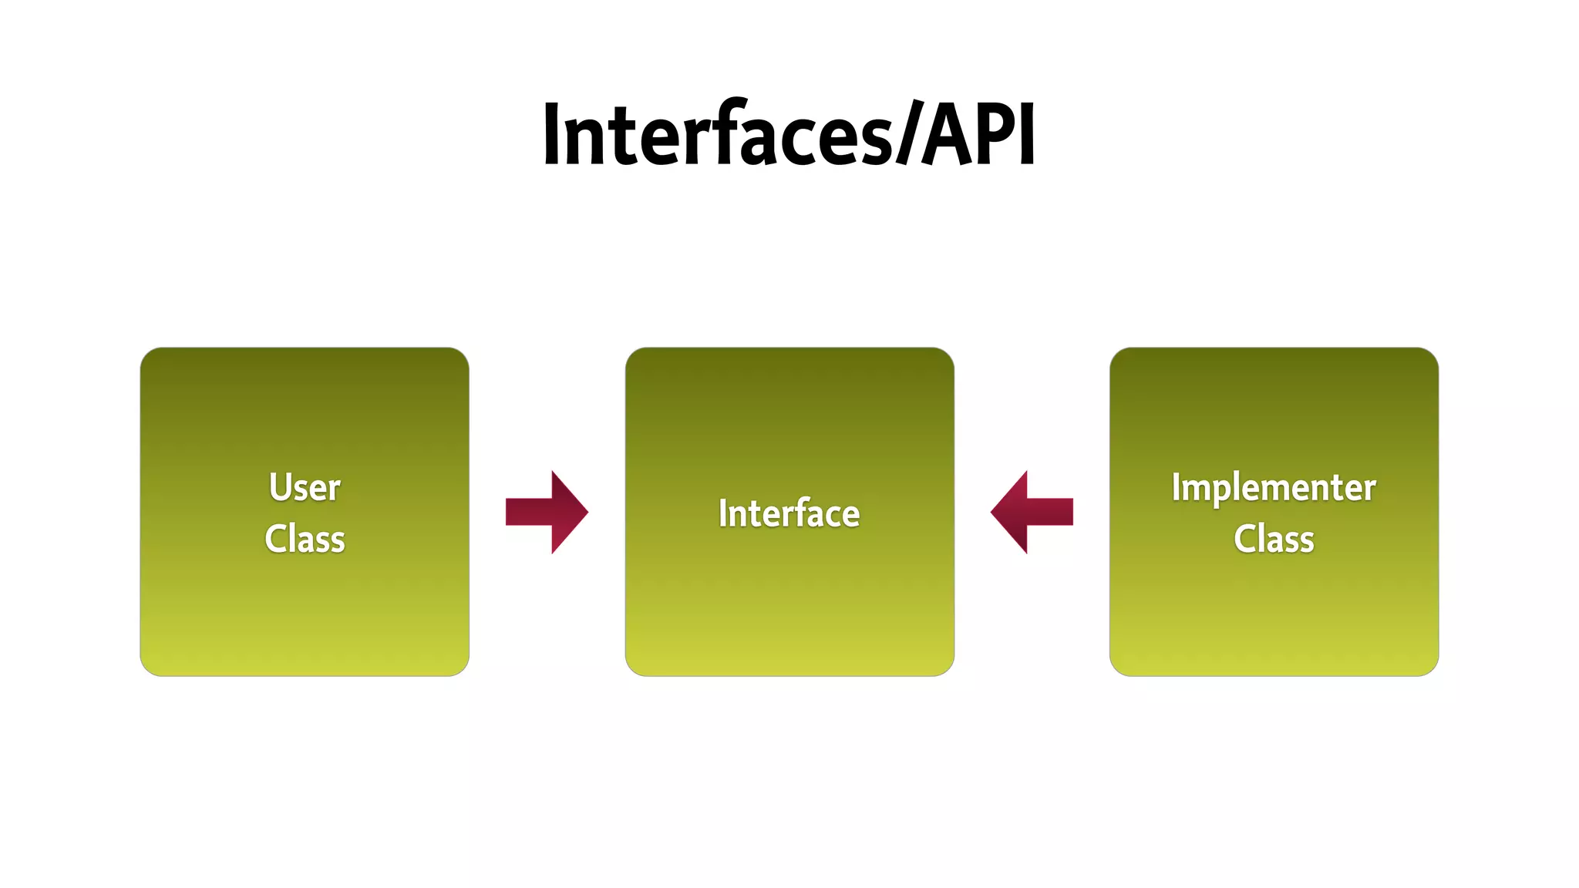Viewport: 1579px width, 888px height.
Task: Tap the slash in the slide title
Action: pyautogui.click(x=907, y=135)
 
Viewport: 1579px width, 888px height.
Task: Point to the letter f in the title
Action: pyautogui.click(x=722, y=133)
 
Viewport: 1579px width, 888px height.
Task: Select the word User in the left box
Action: pyautogui.click(x=305, y=487)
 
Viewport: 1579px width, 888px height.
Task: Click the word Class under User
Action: pyautogui.click(x=305, y=539)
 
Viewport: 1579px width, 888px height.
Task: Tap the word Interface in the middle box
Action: pyautogui.click(x=789, y=513)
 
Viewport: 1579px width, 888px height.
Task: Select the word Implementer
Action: pyautogui.click(x=1274, y=488)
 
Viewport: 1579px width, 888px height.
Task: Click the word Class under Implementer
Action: pyautogui.click(x=1274, y=539)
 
